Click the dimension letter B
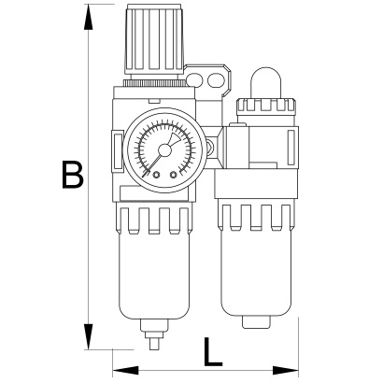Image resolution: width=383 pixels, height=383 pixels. [73, 175]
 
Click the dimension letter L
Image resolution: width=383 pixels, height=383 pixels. [213, 351]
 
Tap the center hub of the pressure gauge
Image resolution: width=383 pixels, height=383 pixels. [164, 150]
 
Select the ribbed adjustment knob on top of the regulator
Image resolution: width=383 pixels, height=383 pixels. [154, 39]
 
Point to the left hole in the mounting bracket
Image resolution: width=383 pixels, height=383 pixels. [194, 80]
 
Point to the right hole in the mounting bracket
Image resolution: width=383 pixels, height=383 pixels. [216, 80]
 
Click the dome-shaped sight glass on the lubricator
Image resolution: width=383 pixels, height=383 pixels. [266, 83]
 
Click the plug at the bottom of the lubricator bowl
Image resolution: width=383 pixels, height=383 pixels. [256, 322]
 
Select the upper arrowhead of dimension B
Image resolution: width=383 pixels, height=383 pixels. [89, 17]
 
